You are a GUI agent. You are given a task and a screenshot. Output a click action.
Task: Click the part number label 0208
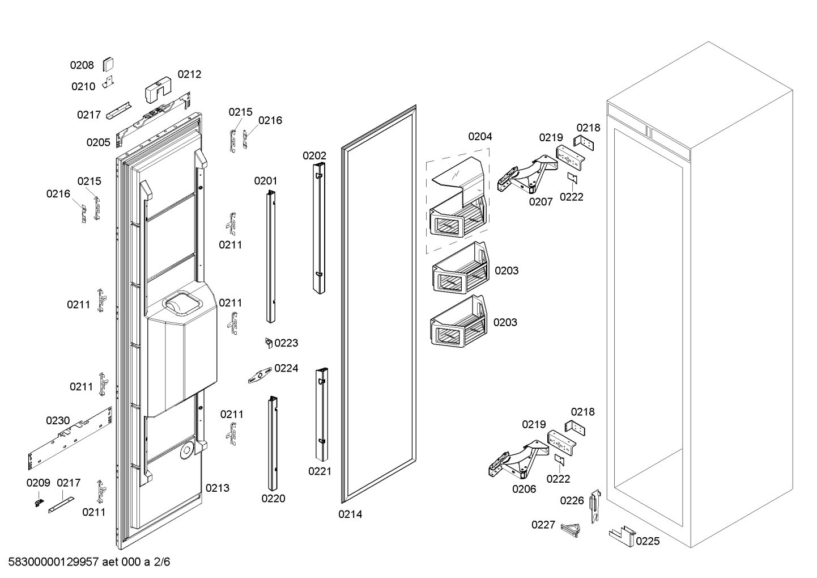[x=82, y=65]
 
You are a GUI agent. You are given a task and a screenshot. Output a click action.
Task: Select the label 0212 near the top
[x=189, y=74]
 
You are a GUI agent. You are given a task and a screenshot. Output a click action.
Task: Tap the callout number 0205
[x=98, y=142]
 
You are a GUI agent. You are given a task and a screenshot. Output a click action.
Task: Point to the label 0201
[x=266, y=181]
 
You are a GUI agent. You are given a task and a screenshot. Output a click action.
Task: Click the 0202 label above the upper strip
[x=314, y=156]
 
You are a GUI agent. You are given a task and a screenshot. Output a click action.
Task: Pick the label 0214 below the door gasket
[x=350, y=514]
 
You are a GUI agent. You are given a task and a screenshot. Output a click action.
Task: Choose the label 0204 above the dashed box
[x=480, y=137]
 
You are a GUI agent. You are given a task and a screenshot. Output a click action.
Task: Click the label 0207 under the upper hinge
[x=541, y=201]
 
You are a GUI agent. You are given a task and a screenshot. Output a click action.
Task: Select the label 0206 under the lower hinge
[x=524, y=489]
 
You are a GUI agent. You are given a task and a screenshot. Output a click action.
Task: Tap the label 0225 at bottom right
[x=648, y=541]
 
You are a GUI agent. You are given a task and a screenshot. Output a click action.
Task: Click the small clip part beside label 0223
[x=269, y=343]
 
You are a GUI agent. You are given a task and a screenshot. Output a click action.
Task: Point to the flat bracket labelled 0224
[x=260, y=376]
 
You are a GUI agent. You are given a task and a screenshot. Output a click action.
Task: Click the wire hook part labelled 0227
[x=571, y=530]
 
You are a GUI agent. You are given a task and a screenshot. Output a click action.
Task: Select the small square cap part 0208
[x=108, y=64]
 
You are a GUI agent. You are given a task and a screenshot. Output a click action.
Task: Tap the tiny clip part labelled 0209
[x=39, y=503]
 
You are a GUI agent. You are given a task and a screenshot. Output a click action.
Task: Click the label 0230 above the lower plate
[x=58, y=421]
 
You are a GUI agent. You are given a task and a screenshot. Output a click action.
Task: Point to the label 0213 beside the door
[x=218, y=488]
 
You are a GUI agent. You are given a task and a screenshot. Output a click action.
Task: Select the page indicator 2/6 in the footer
[x=161, y=562]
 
